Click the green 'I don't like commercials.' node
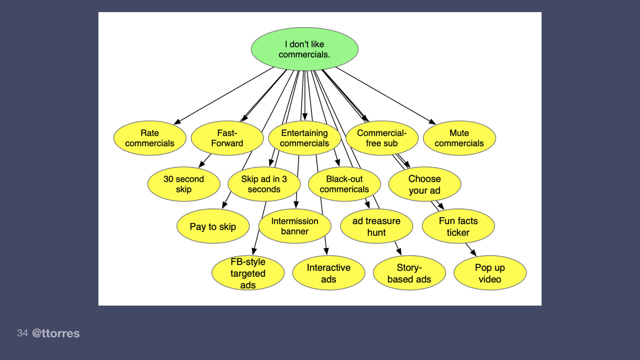point(304,49)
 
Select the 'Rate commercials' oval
point(150,138)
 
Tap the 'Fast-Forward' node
point(227,138)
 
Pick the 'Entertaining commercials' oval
point(304,138)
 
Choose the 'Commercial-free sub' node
point(382,138)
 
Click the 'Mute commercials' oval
point(459,138)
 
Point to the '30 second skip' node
point(184,184)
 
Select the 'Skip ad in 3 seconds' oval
point(264,184)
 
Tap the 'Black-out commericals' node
point(344,184)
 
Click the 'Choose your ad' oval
point(425,184)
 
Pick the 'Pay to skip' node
point(213,227)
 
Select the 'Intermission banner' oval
point(295,226)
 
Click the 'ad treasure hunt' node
point(376,226)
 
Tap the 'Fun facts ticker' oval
point(458,226)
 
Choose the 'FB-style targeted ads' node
point(248,273)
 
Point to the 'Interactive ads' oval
point(329,273)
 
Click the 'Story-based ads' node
point(409,273)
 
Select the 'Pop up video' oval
point(490,273)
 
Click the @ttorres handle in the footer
point(56,333)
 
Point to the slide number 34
point(22,333)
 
